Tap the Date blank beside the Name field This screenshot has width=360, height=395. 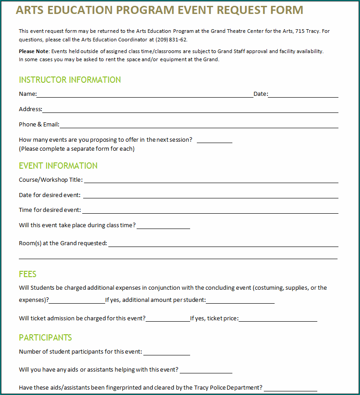(303, 94)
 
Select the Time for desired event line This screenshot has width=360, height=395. (210, 211)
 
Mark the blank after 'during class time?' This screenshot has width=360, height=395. (163, 226)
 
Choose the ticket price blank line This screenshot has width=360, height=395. (278, 319)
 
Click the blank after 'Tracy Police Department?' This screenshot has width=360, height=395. (290, 388)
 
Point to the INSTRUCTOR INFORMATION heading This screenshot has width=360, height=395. (70, 80)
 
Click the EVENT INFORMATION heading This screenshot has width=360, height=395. (58, 166)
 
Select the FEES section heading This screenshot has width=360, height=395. (27, 274)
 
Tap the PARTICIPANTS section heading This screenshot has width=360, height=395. (45, 338)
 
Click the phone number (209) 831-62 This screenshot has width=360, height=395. (171, 40)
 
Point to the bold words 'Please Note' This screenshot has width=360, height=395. (33, 52)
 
